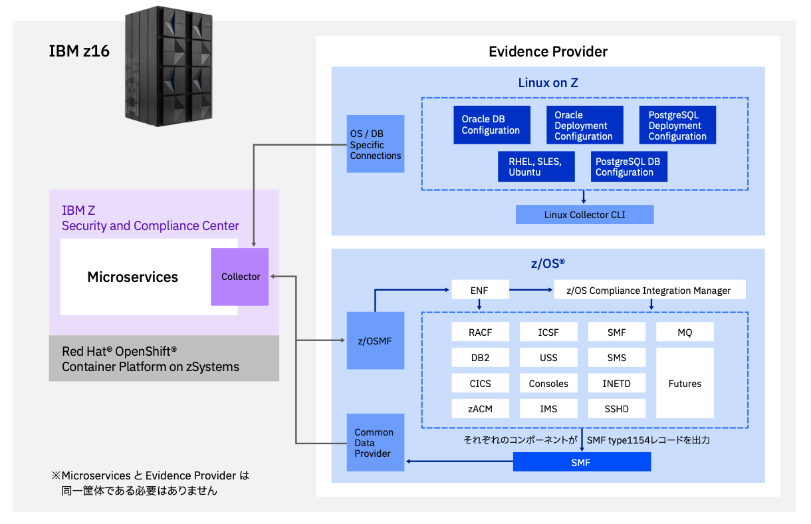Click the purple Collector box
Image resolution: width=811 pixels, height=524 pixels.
tap(240, 277)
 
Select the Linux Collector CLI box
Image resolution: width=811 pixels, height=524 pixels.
tap(584, 215)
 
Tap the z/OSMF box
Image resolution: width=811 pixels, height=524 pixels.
tap(375, 340)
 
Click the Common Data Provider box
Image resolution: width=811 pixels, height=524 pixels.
tap(375, 442)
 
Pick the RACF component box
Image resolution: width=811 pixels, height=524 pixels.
tap(480, 332)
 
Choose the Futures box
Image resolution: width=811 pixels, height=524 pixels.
tap(685, 383)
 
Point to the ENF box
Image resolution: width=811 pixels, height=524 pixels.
tap(480, 290)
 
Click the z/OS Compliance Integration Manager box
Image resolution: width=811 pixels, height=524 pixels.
tap(649, 290)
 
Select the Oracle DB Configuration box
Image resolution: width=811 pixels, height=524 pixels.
tap(491, 125)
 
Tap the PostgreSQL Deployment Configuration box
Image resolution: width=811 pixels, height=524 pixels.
tap(677, 125)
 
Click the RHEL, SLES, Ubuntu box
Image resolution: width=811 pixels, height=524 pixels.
tap(536, 166)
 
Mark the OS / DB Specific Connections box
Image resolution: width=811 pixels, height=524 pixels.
tap(376, 144)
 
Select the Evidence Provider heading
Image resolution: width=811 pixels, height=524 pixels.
tap(548, 52)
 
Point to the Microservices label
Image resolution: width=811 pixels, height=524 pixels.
tap(133, 277)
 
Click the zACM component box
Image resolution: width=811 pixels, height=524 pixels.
tap(480, 408)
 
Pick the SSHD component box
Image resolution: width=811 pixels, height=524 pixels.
tap(616, 408)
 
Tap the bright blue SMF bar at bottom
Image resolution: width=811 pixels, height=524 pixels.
tap(582, 462)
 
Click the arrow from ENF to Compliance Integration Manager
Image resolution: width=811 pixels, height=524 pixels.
tap(531, 290)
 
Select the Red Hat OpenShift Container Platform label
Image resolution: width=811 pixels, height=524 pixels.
tap(150, 358)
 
